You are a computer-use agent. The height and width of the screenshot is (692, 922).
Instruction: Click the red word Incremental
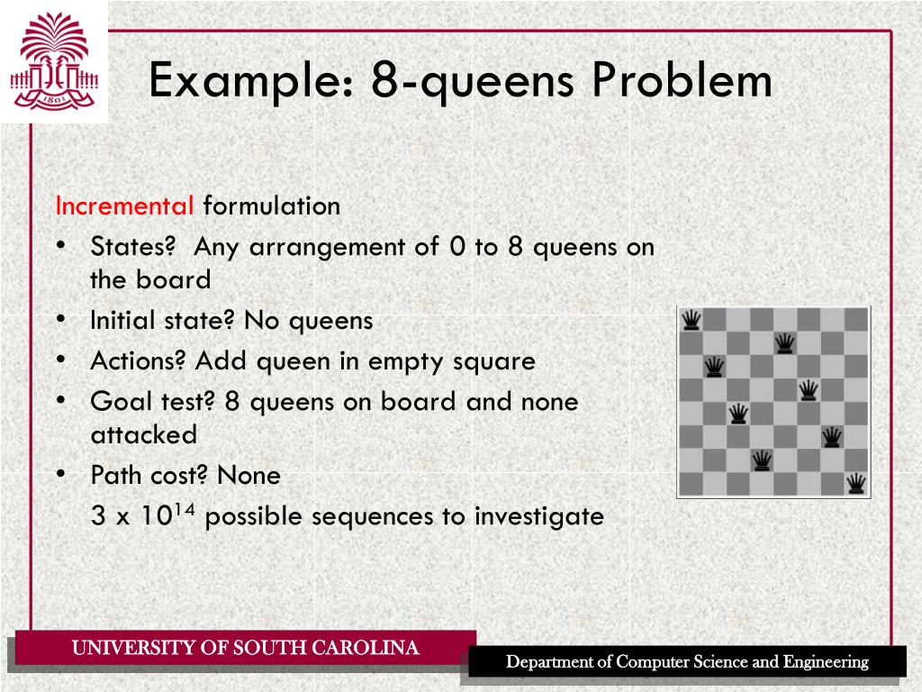124,206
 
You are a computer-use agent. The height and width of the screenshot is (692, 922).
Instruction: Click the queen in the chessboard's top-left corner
691,319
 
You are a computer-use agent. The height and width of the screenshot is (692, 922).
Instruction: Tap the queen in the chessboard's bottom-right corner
856,484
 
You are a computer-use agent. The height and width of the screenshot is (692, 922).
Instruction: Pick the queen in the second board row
785,342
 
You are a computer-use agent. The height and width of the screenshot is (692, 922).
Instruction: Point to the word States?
131,247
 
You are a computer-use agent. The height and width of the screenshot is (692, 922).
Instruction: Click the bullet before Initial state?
59,320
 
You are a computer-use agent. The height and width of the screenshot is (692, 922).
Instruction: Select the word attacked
143,434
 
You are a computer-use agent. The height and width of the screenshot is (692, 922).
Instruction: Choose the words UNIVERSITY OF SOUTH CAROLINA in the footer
245,648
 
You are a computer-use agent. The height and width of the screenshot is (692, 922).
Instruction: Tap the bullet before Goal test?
59,401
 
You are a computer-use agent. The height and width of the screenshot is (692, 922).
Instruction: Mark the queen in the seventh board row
762,460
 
